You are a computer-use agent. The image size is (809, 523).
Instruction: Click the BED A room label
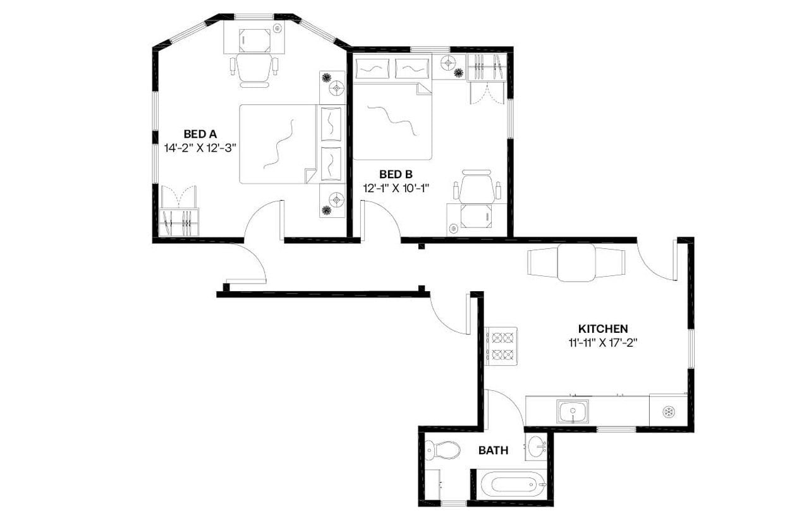[200, 134]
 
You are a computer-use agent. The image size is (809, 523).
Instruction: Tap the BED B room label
[396, 174]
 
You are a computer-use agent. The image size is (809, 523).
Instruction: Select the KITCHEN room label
[602, 329]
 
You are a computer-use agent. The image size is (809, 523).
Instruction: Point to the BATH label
[493, 450]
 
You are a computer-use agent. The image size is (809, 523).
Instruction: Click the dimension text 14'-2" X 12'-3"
[200, 148]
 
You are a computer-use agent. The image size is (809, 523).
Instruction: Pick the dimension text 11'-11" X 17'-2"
[602, 343]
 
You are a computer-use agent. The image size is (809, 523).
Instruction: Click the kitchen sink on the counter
[573, 412]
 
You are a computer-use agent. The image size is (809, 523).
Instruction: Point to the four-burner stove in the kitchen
[501, 346]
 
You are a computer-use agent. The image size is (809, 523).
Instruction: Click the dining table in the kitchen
[576, 262]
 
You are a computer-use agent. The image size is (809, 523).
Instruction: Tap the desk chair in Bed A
[254, 68]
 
